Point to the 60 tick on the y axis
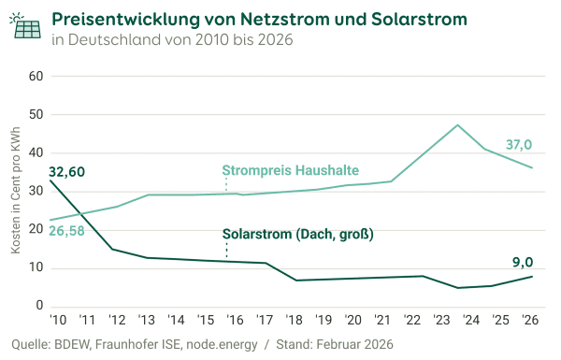click(37, 76)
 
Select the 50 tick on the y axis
click(37, 114)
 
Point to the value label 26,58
click(65, 230)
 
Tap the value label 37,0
click(519, 145)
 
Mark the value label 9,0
click(523, 263)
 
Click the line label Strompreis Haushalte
click(291, 170)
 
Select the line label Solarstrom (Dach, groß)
click(297, 235)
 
